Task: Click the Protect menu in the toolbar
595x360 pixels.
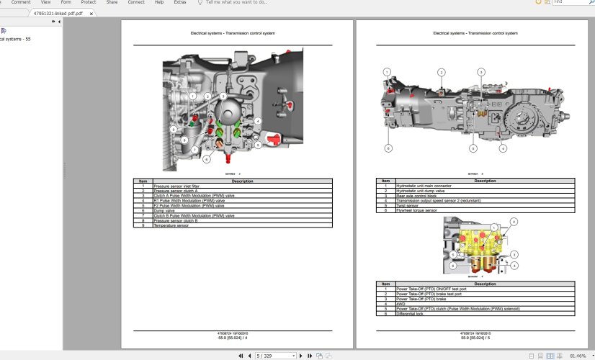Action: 89,2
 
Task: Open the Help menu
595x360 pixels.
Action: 159,2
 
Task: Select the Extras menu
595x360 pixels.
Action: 180,2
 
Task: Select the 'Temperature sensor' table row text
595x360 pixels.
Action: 170,225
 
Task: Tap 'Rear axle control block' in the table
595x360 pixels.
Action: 415,195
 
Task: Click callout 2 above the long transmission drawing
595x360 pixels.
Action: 442,72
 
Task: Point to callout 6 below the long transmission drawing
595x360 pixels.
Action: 388,148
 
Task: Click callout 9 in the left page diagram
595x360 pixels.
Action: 174,128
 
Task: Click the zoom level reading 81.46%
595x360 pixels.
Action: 577,356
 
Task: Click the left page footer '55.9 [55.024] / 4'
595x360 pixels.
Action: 233,336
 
